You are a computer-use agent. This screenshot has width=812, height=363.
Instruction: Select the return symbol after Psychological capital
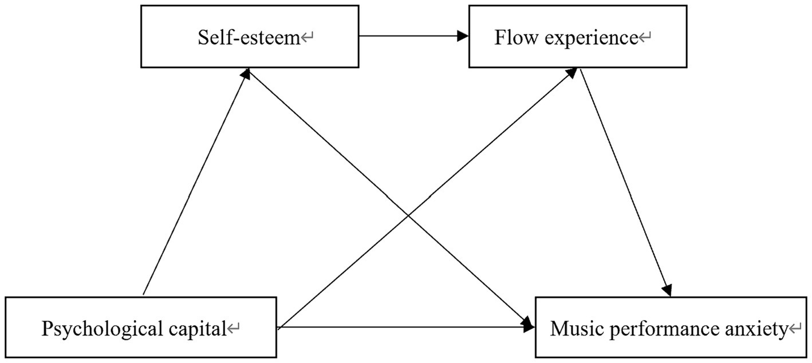click(234, 329)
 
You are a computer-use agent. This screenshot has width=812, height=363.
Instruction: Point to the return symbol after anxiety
click(796, 329)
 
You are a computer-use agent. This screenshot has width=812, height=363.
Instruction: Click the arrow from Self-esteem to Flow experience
click(412, 36)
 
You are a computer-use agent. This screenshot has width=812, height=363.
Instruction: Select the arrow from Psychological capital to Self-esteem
click(195, 183)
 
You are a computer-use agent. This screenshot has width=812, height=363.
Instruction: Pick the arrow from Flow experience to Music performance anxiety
click(624, 183)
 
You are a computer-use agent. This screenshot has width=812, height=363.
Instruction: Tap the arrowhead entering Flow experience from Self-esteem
click(463, 36)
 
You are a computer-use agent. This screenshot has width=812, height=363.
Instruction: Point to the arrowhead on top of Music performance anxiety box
click(668, 291)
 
